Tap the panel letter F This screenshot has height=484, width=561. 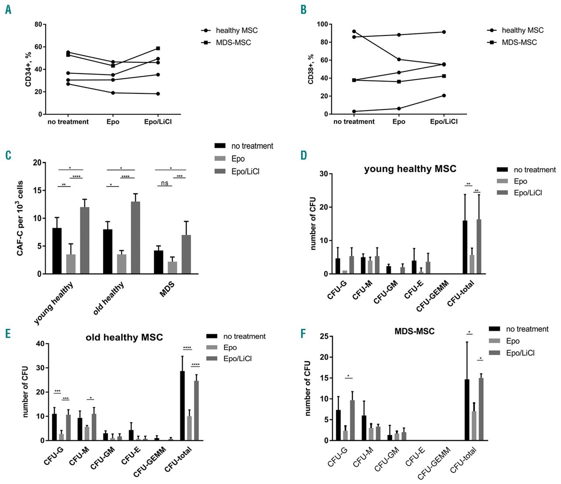(303, 334)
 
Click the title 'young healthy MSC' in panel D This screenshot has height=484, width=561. (410, 169)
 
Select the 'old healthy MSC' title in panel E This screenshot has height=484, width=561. (124, 337)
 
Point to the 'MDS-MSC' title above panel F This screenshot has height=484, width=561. (414, 331)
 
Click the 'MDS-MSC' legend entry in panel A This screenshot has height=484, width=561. (233, 43)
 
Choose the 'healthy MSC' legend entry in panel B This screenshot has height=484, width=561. (522, 30)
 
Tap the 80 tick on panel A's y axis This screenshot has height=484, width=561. (38, 25)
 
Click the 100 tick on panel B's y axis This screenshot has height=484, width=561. (322, 24)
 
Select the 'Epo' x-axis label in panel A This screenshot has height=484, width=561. (113, 122)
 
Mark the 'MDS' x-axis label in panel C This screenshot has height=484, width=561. (167, 290)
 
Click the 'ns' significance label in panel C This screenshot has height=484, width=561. (164, 183)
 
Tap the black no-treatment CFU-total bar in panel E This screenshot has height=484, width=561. (182, 406)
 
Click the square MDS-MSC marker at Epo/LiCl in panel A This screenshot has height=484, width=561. (158, 48)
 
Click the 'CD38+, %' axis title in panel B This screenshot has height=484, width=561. (311, 69)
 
